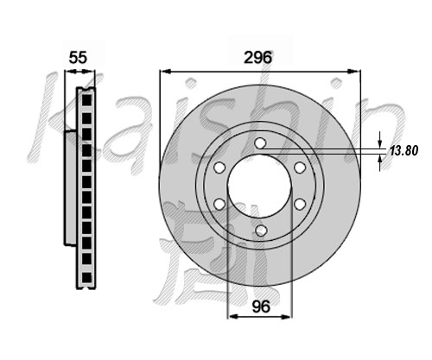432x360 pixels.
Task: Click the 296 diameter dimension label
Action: pos(257,58)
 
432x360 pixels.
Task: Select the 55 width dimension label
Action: pos(78,58)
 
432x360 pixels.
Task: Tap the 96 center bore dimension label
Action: pos(261,306)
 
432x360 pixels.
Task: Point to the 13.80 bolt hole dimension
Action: pos(403,150)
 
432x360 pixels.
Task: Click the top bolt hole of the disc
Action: pos(260,142)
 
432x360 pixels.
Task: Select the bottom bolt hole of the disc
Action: pos(261,230)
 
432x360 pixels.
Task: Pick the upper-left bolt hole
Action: pos(219,167)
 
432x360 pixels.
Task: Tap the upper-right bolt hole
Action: pos(300,167)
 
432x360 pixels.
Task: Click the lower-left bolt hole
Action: pos(219,204)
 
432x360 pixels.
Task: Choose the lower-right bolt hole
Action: pos(300,204)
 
